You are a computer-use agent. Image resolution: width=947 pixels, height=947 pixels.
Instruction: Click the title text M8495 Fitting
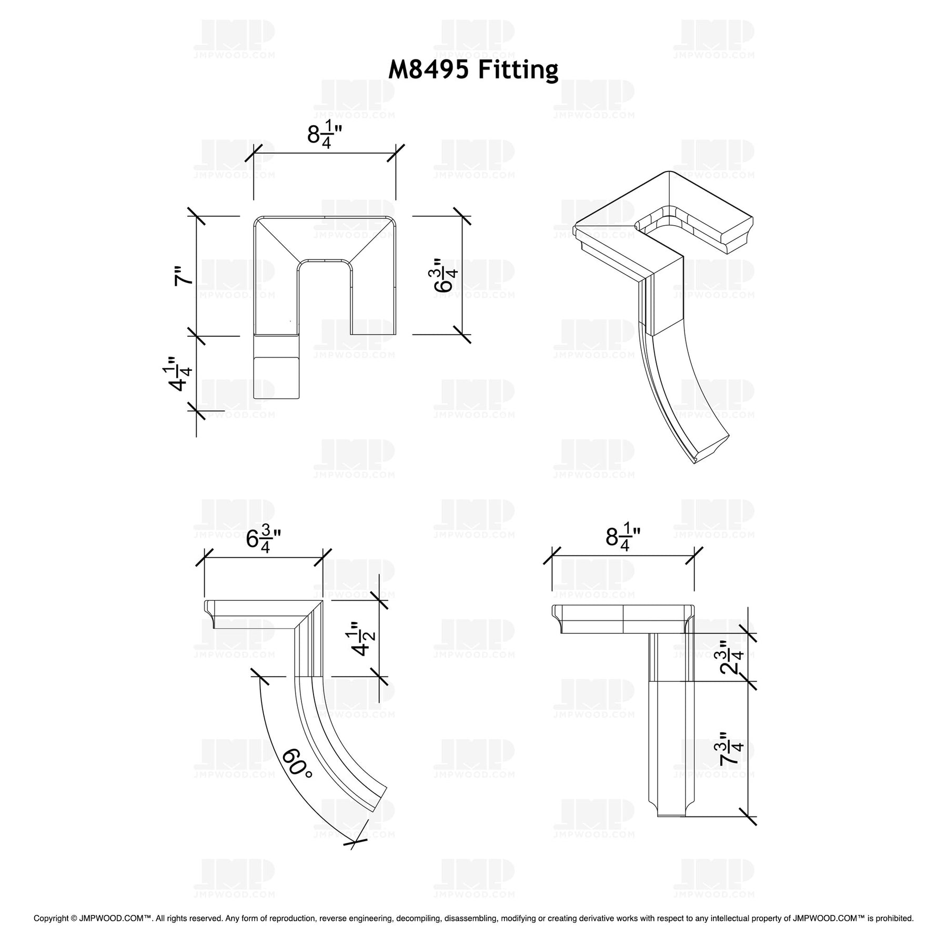point(473,70)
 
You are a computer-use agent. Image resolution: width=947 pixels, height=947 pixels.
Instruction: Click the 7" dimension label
point(184,276)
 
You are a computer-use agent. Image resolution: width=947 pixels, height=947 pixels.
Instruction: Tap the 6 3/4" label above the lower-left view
point(263,539)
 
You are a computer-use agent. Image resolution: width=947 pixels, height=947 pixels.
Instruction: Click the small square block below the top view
point(277,377)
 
